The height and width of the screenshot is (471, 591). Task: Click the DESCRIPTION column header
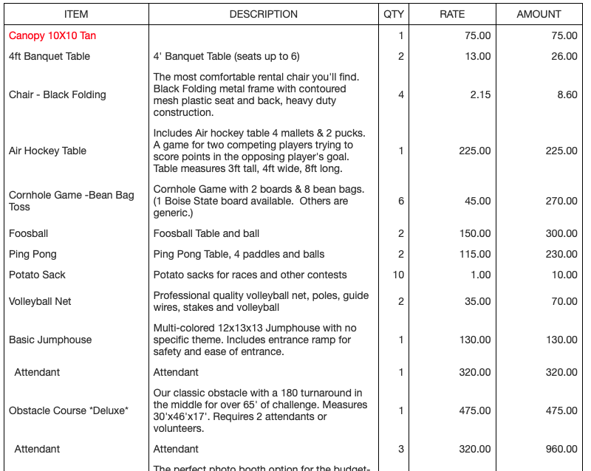pos(263,14)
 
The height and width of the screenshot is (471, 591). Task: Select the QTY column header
pos(394,14)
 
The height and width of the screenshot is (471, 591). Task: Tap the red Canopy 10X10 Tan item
pos(52,35)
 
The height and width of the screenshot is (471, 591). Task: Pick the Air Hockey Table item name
pos(47,151)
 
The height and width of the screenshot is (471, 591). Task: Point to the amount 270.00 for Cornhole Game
pos(561,201)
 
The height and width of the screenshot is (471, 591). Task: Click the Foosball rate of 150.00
pos(473,233)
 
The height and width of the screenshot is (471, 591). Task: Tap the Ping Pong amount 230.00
pos(561,254)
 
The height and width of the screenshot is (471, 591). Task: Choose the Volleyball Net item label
pos(40,301)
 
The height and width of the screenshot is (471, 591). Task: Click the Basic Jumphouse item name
pos(50,340)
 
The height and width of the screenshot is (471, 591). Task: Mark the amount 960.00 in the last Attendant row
pos(561,449)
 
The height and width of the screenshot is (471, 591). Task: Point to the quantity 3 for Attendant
pos(401,449)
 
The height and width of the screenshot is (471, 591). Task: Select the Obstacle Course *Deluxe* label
pos(68,410)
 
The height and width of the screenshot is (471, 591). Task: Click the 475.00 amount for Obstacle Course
pos(561,410)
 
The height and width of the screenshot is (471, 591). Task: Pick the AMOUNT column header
pos(539,14)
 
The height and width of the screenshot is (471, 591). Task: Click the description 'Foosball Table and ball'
pos(206,233)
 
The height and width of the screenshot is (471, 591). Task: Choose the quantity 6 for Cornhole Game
pos(401,201)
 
